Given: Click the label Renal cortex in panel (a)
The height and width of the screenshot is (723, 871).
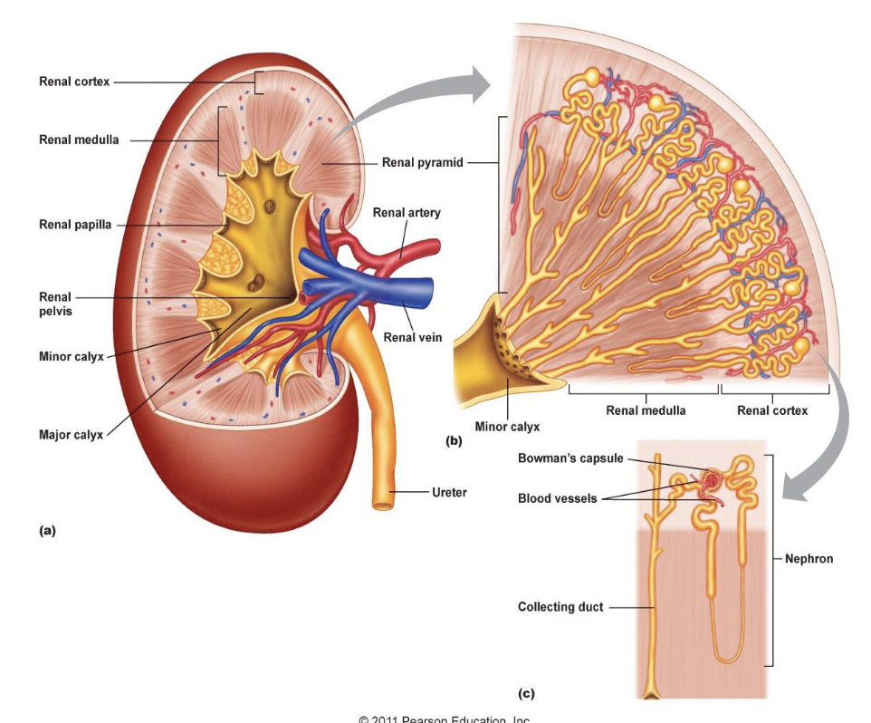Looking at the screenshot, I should [x=74, y=82].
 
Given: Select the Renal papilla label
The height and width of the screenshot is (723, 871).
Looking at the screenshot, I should [x=75, y=225].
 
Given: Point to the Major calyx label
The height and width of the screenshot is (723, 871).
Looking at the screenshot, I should [x=71, y=434].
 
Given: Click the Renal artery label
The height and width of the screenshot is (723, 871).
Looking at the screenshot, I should [x=407, y=213].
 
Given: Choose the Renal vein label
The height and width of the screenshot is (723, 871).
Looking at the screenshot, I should [x=413, y=337].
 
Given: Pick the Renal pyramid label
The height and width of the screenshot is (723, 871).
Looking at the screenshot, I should [x=422, y=163].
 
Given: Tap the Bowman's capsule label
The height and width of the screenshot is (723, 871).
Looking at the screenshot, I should [x=570, y=458].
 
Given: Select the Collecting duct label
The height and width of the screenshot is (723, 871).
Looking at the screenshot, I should [x=560, y=607].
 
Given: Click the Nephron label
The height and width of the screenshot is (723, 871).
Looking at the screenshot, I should [x=809, y=559].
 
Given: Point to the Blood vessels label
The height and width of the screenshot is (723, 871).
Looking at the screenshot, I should [x=557, y=498].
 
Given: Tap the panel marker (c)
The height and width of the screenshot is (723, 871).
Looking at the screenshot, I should [x=526, y=694].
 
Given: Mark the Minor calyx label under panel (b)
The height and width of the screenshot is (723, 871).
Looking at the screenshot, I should [x=507, y=426].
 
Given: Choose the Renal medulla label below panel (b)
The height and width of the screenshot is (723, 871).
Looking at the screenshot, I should [x=646, y=410].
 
